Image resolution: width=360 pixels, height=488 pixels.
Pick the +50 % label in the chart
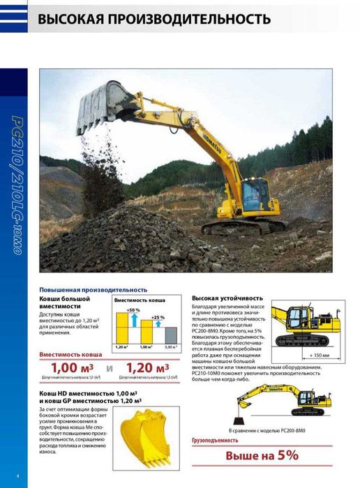[x=133, y=310]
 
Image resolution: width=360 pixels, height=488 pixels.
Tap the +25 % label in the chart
[x=158, y=317]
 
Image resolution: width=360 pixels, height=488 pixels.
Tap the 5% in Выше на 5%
[x=284, y=456]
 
